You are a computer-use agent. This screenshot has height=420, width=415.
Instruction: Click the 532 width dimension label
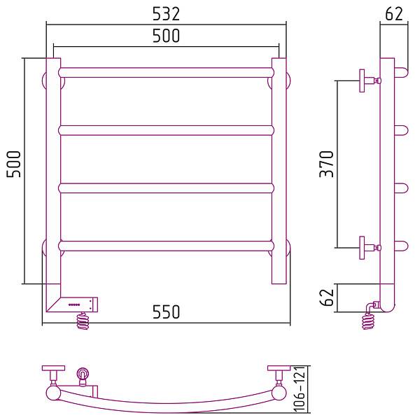pos(166,14)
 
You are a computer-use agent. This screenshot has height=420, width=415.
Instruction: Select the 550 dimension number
pos(166,311)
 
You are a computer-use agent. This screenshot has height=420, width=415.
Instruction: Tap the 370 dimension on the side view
pos(327,164)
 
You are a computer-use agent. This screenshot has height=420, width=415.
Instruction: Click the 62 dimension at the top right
pos(394,14)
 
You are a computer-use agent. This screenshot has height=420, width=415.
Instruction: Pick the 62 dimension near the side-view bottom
pos(327,297)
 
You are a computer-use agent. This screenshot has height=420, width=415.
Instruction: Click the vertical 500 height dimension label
pos(14,164)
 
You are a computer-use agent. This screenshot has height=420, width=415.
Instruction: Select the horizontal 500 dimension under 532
pos(166,36)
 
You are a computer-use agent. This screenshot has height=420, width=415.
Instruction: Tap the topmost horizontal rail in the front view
pos(166,73)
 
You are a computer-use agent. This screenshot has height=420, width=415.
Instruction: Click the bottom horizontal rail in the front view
pos(166,246)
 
